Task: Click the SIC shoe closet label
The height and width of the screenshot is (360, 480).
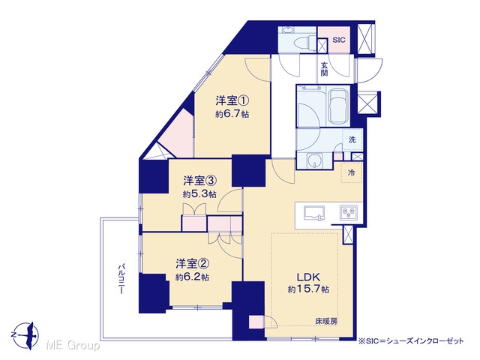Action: click(339, 40)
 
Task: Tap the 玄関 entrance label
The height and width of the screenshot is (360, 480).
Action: click(325, 69)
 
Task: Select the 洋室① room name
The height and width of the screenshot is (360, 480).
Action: click(232, 100)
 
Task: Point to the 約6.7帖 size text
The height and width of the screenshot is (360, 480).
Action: click(232, 114)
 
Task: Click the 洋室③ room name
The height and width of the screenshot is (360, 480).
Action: click(200, 181)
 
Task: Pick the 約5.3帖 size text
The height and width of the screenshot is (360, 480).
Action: click(200, 194)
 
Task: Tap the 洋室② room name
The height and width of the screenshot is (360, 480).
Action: click(192, 263)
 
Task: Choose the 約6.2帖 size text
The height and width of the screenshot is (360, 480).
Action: click(192, 277)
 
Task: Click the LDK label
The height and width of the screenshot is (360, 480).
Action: click(308, 277)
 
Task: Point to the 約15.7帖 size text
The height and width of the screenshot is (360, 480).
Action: click(308, 289)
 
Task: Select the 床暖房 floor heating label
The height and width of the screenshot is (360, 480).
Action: click(327, 322)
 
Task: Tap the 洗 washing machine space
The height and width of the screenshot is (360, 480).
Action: click(352, 139)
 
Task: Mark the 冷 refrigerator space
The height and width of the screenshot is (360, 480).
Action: click(352, 172)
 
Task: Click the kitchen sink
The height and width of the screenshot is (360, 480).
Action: click(314, 213)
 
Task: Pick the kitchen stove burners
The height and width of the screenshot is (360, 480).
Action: click(349, 213)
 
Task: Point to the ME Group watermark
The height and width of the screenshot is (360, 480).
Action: click(73, 346)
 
